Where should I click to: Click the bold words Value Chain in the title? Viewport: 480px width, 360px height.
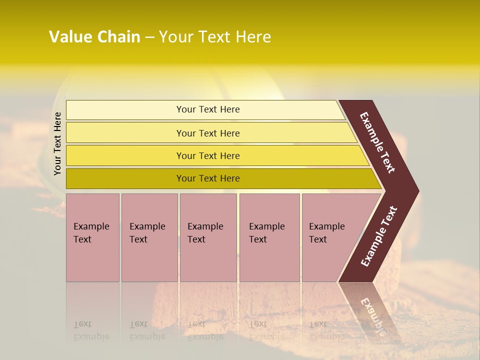pos(94,37)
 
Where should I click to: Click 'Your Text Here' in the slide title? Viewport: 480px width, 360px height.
pos(214,37)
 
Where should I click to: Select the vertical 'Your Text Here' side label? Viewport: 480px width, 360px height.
pos(57,143)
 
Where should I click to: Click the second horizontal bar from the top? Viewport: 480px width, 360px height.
pos(207,133)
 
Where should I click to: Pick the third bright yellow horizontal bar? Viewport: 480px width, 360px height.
pos(207,155)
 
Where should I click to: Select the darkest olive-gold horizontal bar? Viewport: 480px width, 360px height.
pos(207,178)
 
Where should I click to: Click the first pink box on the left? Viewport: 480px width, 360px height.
pos(92,237)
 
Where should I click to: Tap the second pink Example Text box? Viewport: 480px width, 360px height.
pos(149,237)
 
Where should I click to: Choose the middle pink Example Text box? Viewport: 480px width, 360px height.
pos(208,237)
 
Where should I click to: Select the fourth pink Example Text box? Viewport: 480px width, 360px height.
pos(269,237)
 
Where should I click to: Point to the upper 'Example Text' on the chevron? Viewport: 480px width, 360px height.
pos(378,142)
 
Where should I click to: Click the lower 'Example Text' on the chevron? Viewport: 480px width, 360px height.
pos(379,236)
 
